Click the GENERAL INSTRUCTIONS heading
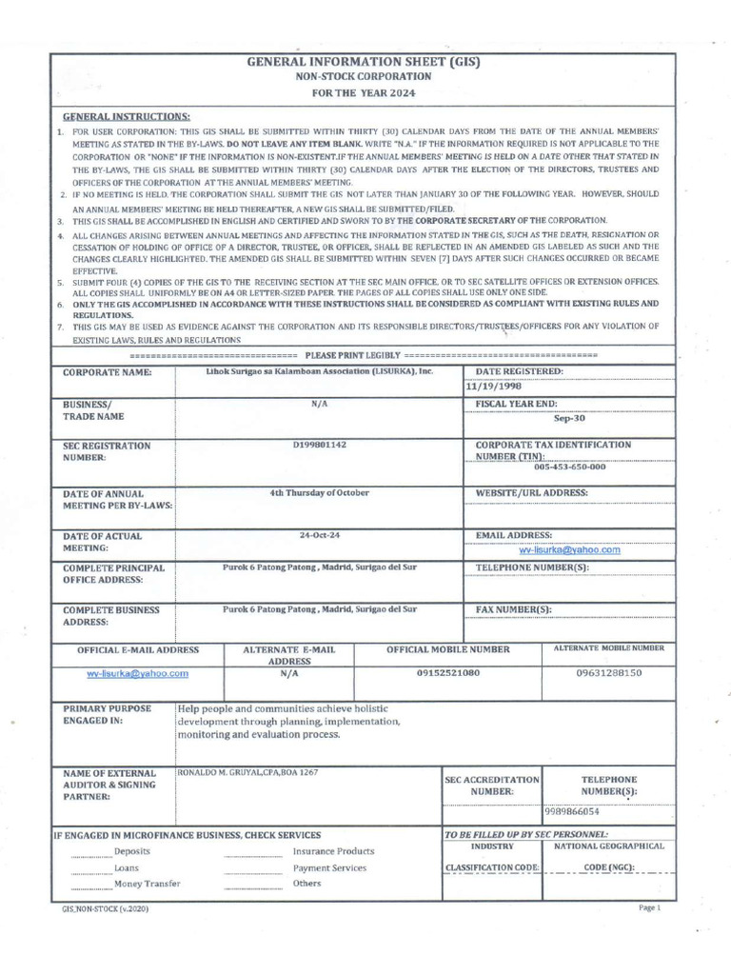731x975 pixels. click(x=139, y=114)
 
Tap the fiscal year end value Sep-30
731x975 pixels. click(x=570, y=417)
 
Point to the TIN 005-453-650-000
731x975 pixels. click(x=569, y=468)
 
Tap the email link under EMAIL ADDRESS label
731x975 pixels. click(x=569, y=549)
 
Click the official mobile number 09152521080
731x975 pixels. click(x=448, y=672)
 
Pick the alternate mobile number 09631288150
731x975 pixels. click(x=609, y=672)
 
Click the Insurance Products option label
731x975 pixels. click(x=333, y=851)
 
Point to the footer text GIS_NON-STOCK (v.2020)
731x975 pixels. click(x=106, y=909)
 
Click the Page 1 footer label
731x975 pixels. click(x=649, y=908)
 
